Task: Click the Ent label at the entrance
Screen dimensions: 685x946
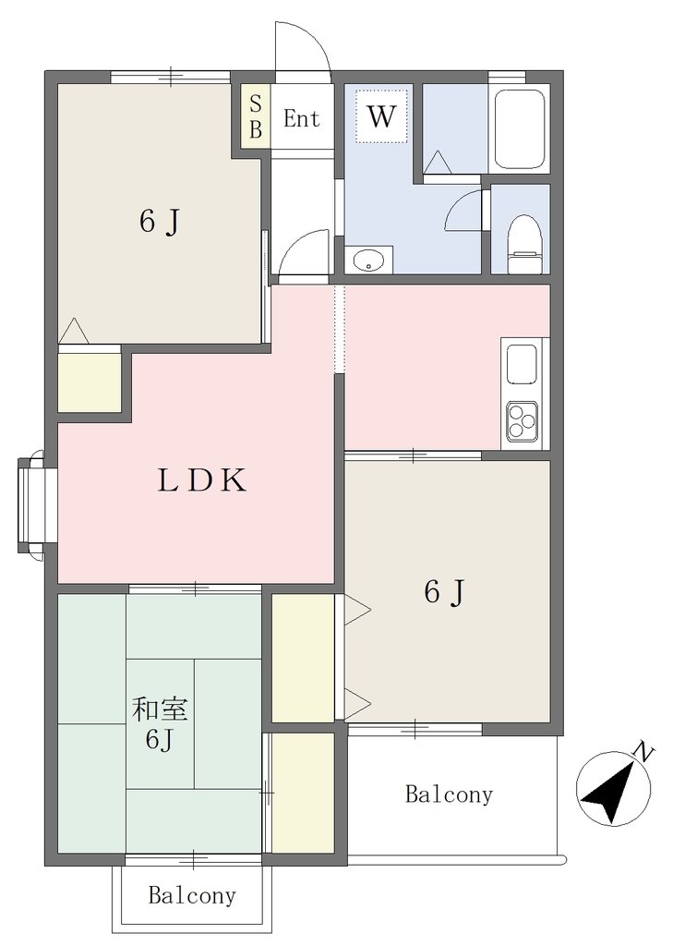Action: [301, 119]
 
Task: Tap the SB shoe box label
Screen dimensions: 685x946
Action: [256, 117]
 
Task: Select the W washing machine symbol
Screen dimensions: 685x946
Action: [381, 115]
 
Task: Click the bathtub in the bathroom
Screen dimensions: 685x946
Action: [520, 129]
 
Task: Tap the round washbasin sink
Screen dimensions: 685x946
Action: [368, 260]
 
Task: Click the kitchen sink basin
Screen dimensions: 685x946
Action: [522, 364]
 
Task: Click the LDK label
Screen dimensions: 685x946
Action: [202, 480]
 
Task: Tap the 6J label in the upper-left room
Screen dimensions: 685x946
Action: [160, 222]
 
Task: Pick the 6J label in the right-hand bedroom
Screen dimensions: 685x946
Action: [444, 592]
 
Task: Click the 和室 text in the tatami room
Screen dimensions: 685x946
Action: [160, 709]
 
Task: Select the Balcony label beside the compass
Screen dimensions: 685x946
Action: [449, 794]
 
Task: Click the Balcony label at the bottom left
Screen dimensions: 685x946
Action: [192, 895]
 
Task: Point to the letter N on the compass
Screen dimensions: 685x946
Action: [643, 752]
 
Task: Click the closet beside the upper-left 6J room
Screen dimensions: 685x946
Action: [90, 378]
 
